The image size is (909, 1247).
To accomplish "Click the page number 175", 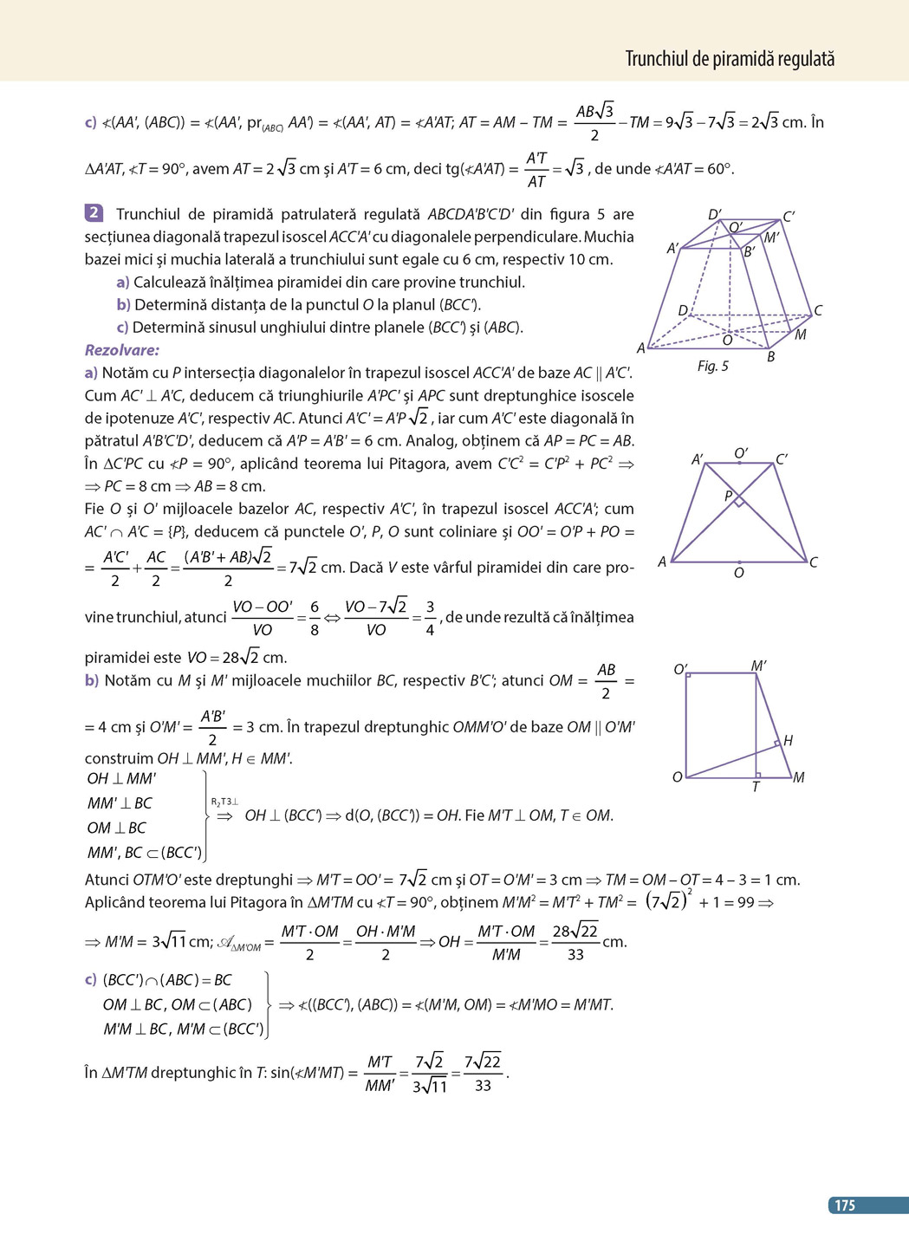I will click(x=845, y=1205).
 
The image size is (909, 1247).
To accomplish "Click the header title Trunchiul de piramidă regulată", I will click(x=730, y=59).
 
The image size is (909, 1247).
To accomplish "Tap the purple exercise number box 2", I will click(x=94, y=213).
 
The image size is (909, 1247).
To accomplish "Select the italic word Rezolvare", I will click(x=122, y=350).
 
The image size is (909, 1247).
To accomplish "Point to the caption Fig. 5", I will click(x=712, y=366).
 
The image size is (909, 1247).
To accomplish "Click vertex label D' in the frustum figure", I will click(x=714, y=215).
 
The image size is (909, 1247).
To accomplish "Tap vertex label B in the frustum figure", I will click(x=770, y=356).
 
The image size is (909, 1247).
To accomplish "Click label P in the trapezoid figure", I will click(x=729, y=497).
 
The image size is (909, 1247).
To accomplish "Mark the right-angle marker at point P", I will click(x=739, y=502).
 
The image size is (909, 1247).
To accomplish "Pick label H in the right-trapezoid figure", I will click(x=788, y=740).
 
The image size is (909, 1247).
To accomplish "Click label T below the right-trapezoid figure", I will click(x=756, y=787).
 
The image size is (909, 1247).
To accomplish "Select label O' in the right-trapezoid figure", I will click(x=681, y=670).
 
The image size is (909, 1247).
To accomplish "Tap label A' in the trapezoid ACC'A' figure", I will click(x=698, y=460).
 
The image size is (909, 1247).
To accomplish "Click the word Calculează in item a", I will click(x=172, y=282).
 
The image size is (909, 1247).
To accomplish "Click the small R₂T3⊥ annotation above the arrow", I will click(x=224, y=802).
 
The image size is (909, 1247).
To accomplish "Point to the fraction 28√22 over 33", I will click(x=575, y=942).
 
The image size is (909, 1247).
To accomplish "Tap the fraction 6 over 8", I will click(x=315, y=618).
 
